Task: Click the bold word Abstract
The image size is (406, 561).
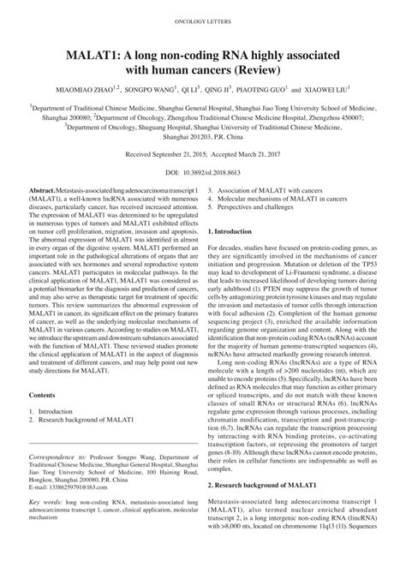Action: [42, 188]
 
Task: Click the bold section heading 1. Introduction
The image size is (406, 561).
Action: [230, 230]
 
